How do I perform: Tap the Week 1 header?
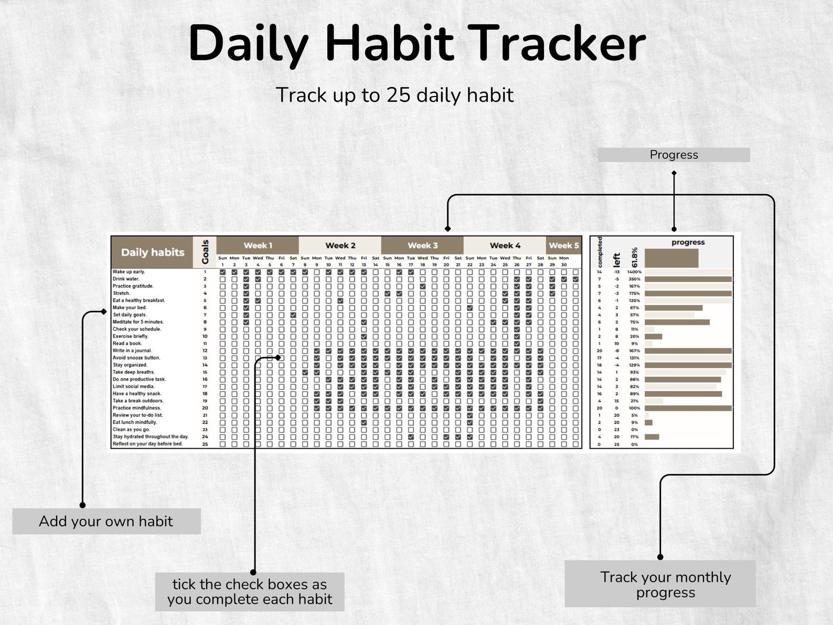click(x=258, y=245)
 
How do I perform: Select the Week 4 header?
click(x=505, y=245)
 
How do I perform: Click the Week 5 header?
click(x=564, y=245)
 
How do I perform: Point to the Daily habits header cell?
click(x=152, y=252)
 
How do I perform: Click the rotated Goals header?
click(x=205, y=252)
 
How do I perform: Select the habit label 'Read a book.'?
click(x=127, y=344)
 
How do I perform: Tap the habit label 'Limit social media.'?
click(x=133, y=387)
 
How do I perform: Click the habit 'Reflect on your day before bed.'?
click(x=147, y=444)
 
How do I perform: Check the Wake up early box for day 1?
click(x=223, y=272)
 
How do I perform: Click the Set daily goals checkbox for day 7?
click(x=293, y=315)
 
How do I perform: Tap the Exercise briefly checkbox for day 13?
click(x=364, y=337)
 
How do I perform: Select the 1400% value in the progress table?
click(x=634, y=272)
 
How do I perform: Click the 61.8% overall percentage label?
click(x=634, y=257)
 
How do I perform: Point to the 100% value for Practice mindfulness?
click(x=634, y=408)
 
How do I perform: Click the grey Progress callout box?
click(x=674, y=155)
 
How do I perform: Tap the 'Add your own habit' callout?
click(x=106, y=521)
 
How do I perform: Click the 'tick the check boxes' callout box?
click(x=250, y=592)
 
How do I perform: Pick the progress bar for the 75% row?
click(x=677, y=322)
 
